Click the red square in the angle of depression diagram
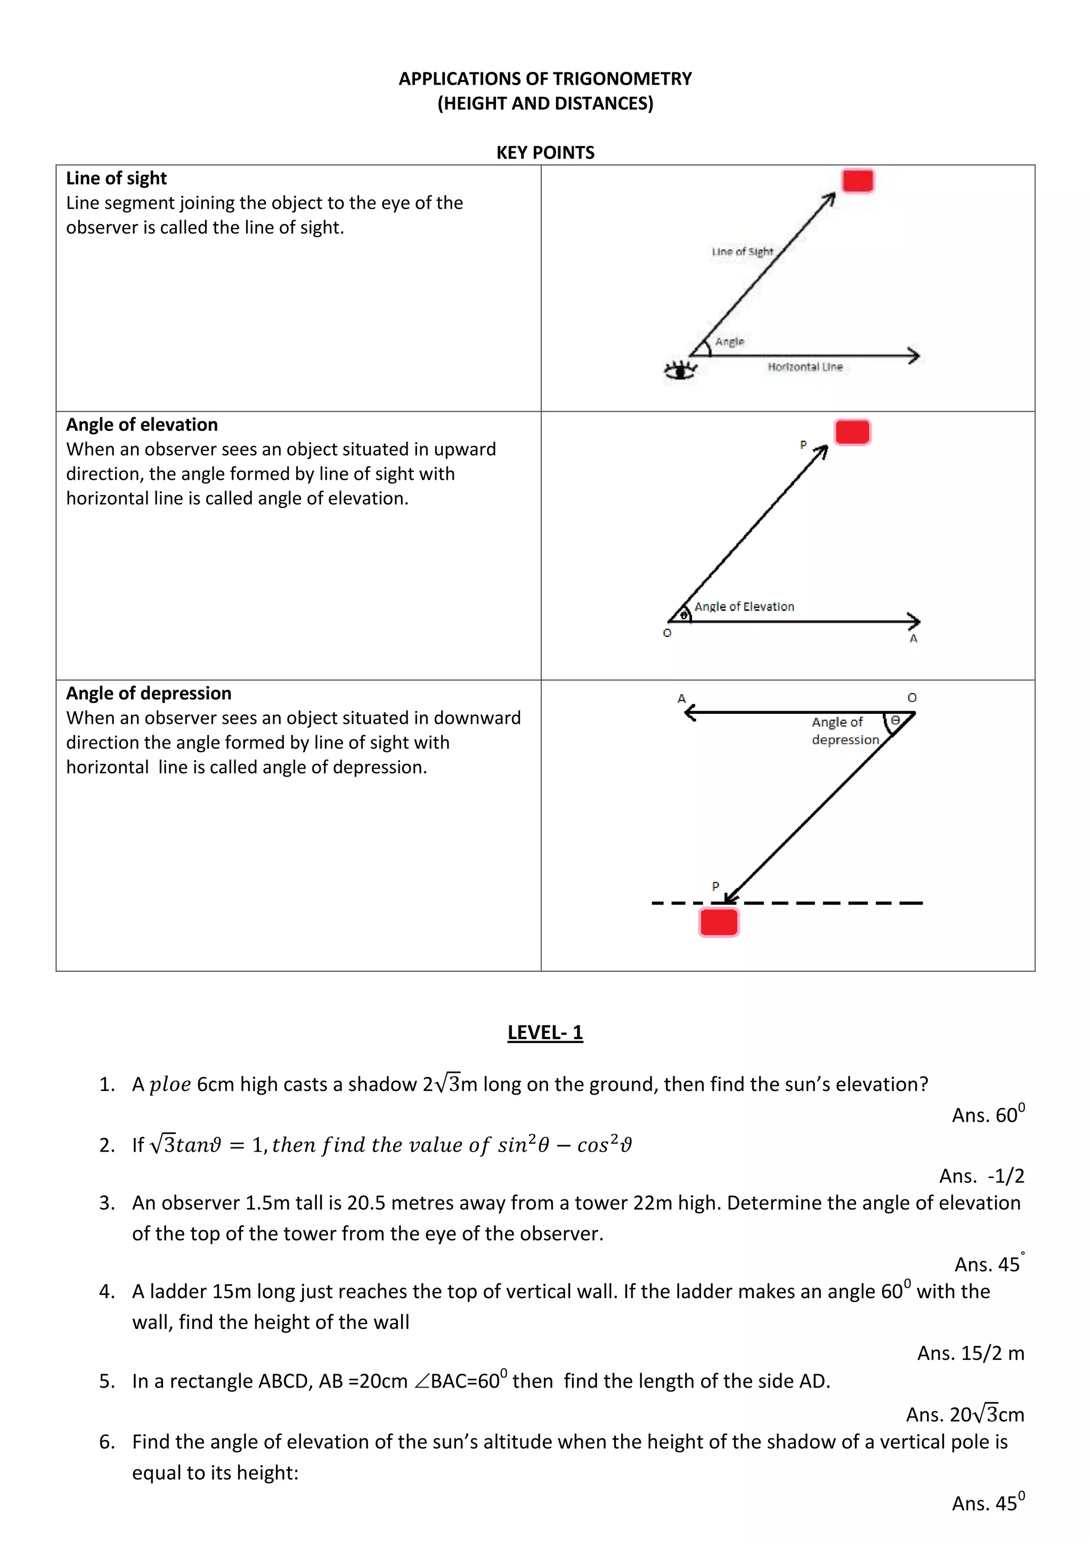(x=719, y=921)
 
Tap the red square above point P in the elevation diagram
(x=852, y=432)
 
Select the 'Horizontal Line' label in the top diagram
(x=805, y=366)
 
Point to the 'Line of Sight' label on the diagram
(x=742, y=252)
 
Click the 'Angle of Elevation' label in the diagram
(x=744, y=607)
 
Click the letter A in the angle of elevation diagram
(x=913, y=639)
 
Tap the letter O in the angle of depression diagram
(x=911, y=698)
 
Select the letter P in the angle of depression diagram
(x=715, y=886)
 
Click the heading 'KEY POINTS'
(x=545, y=152)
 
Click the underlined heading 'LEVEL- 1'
(x=545, y=1032)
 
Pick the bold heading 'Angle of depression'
(x=149, y=693)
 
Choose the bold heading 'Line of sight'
(x=116, y=178)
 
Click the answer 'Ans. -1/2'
(x=981, y=1176)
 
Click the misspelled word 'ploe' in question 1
(x=169, y=1084)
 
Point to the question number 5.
(x=106, y=1382)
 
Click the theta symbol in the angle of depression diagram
(x=895, y=721)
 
